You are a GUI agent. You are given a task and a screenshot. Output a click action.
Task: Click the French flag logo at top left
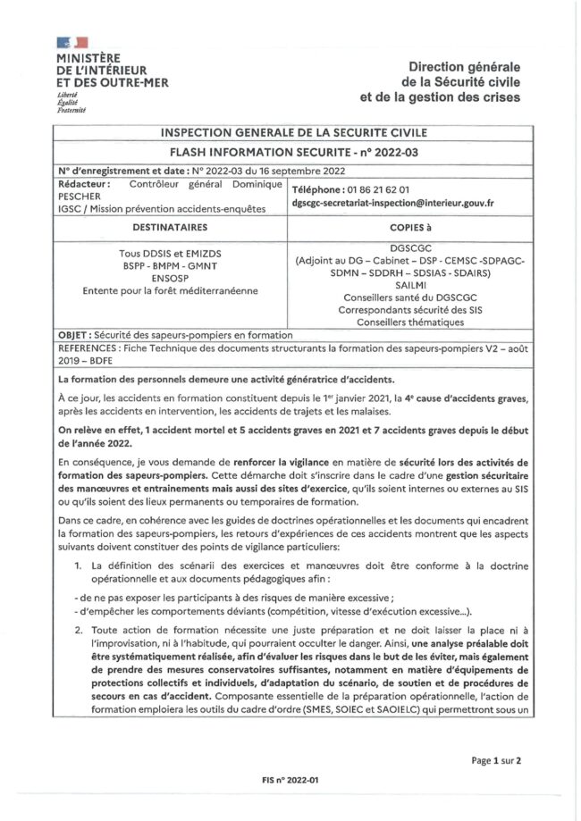coord(72,43)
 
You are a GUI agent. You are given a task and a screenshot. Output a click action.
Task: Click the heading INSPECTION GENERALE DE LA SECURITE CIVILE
coord(290,133)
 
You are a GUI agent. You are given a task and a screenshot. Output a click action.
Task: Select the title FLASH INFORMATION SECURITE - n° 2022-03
coord(290,151)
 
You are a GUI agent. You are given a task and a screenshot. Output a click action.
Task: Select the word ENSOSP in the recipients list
coord(168,277)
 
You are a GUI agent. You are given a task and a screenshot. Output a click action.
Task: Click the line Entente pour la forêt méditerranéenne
coord(168,289)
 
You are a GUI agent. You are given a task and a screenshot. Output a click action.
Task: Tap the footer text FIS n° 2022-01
coord(290,779)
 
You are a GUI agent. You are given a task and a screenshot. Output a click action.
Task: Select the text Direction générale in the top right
coord(464,67)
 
